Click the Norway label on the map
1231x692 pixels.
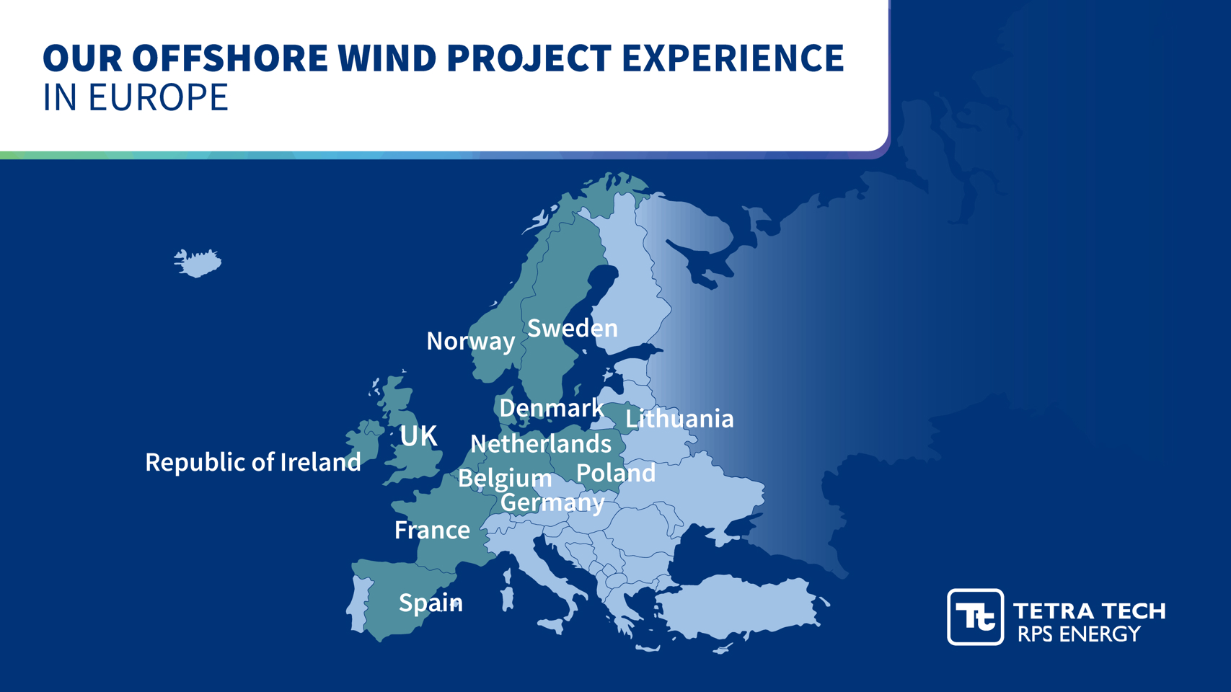tap(471, 342)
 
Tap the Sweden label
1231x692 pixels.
tap(573, 329)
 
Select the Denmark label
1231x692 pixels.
tap(552, 408)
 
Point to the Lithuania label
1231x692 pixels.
tap(679, 419)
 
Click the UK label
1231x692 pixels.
tap(418, 436)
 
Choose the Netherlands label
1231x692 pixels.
tap(541, 444)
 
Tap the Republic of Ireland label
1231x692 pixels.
tap(253, 462)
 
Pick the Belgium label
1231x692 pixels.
tap(505, 479)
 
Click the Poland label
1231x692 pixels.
tap(616, 473)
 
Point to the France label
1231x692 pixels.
tap(433, 530)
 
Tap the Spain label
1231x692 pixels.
tap(431, 603)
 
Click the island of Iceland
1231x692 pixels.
tap(198, 263)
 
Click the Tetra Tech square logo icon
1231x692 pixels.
tap(976, 617)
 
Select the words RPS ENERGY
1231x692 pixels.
tap(1079, 634)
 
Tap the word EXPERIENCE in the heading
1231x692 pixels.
tap(733, 58)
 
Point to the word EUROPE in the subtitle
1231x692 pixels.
tap(158, 98)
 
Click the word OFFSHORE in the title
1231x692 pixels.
tap(230, 58)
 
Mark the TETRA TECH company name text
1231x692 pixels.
tap(1089, 611)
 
